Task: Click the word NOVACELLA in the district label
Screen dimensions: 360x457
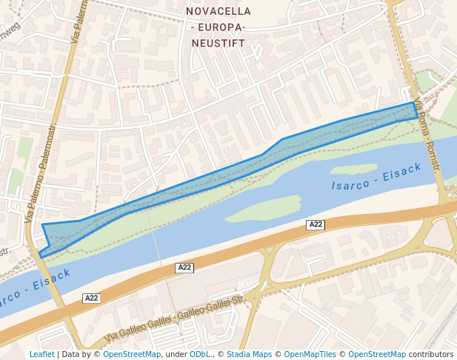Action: pos(218,11)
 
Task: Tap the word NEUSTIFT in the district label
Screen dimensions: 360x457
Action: pos(218,43)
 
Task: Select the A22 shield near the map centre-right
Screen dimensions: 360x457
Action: pos(316,224)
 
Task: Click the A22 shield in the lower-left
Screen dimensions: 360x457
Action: pos(91,298)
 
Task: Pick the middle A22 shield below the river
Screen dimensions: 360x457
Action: pos(184,267)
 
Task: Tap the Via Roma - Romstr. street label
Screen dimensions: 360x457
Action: pos(427,136)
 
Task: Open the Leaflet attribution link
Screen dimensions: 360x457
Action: pos(41,354)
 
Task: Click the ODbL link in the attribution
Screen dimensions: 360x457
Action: pos(200,354)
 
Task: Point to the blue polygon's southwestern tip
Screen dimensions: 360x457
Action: pos(41,256)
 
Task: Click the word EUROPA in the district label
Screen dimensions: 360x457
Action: pos(218,27)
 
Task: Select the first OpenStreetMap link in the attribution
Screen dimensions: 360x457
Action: pos(132,354)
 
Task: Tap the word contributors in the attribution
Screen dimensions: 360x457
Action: pos(431,354)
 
